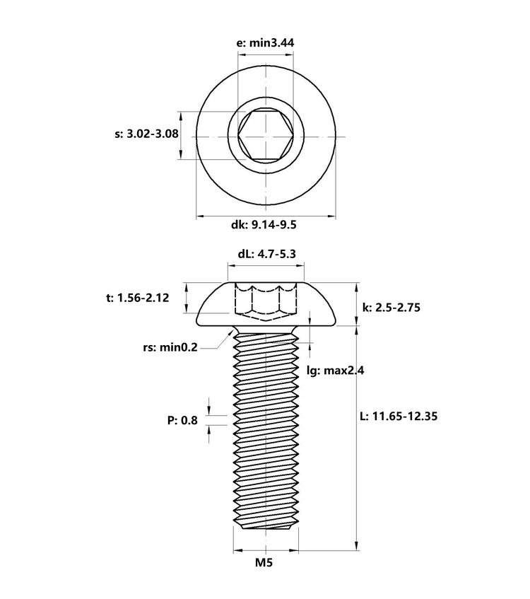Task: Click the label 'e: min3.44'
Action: pos(266,42)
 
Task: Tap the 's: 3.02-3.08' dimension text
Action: pos(146,134)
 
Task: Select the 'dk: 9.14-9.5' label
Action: pos(264,225)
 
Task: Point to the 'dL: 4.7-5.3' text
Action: pos(266,254)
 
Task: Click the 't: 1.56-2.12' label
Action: pos(138,298)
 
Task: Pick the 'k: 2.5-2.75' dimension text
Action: pos(391,308)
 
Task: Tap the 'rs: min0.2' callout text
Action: pos(170,347)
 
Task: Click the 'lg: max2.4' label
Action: pos(336,370)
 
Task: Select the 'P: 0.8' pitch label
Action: pos(182,421)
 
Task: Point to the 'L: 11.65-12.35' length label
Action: pos(399,416)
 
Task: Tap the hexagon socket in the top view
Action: pos(266,135)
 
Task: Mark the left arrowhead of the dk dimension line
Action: pos(201,216)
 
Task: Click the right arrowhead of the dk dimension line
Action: pos(331,216)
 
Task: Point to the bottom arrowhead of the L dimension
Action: pos(357,545)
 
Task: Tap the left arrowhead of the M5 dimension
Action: pos(238,550)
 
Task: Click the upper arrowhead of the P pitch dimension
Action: pos(209,409)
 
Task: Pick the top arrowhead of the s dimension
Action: pos(181,117)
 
